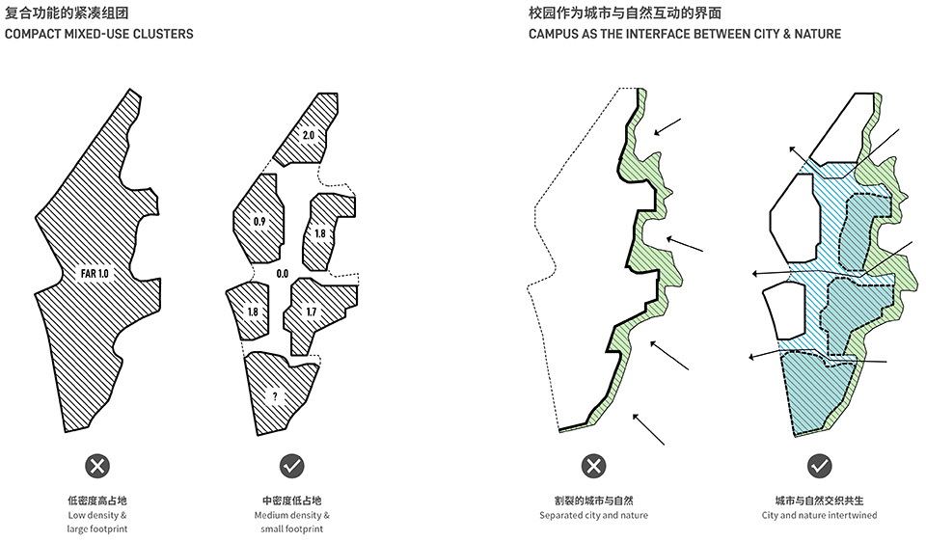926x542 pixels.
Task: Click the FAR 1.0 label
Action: pyautogui.click(x=95, y=273)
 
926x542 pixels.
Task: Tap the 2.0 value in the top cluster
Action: pyautogui.click(x=309, y=135)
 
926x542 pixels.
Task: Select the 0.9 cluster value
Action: pyautogui.click(x=259, y=222)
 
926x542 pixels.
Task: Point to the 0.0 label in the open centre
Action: pyautogui.click(x=283, y=273)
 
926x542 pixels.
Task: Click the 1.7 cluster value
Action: pyautogui.click(x=312, y=312)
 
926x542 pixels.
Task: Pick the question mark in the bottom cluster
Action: pyautogui.click(x=275, y=396)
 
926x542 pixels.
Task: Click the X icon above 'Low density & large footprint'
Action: pyautogui.click(x=97, y=467)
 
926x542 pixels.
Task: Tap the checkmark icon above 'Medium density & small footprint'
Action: pyautogui.click(x=291, y=467)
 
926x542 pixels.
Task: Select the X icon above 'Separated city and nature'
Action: pyautogui.click(x=593, y=467)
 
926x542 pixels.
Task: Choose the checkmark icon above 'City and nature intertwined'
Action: pyautogui.click(x=819, y=467)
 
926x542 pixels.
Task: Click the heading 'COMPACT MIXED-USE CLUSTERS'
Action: pyautogui.click(x=99, y=34)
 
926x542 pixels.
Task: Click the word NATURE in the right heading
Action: pyautogui.click(x=818, y=34)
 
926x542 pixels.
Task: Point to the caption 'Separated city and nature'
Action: pyautogui.click(x=593, y=515)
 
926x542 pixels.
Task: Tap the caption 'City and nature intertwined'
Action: pyautogui.click(x=819, y=515)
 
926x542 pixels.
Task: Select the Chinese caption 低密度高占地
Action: pyautogui.click(x=97, y=501)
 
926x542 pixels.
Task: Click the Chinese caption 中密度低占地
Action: pyautogui.click(x=291, y=501)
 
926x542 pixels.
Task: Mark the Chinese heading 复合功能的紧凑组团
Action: pyautogui.click(x=67, y=13)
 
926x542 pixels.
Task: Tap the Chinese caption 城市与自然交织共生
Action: pyautogui.click(x=819, y=501)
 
